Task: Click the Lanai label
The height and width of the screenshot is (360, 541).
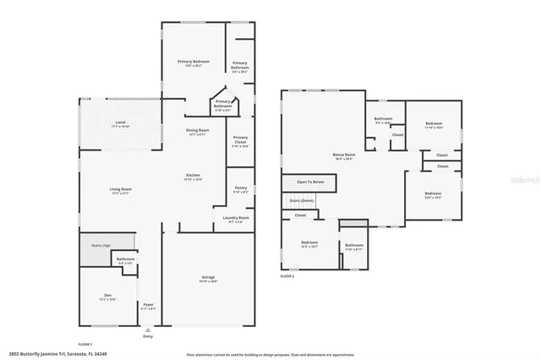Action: coord(120,124)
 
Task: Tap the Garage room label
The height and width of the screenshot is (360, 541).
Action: coord(208,278)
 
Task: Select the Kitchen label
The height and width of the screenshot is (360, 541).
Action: coord(194,176)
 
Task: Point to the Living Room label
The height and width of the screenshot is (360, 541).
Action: coord(120,190)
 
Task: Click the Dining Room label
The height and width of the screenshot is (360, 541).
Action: coord(198,130)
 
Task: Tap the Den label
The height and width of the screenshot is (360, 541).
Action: coord(107,296)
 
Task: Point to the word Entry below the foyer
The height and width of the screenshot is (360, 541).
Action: coord(149,335)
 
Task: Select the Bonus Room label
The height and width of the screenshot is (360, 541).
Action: coord(343,156)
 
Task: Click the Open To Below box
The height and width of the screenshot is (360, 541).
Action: coord(311,182)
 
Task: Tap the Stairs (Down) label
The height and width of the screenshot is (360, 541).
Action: coord(302,200)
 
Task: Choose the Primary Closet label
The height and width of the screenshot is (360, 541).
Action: coord(240,139)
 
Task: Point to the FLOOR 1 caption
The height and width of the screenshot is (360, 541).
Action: coord(85,344)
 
